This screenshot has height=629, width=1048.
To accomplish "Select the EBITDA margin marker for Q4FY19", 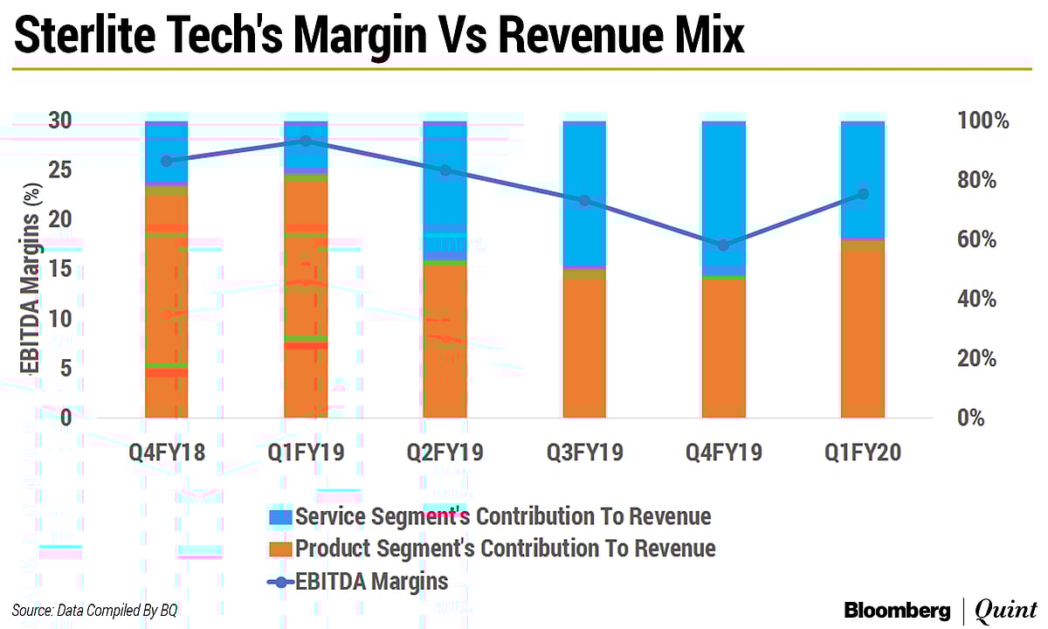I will coord(723,245).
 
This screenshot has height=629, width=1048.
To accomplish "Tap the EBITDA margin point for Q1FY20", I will coord(863,194).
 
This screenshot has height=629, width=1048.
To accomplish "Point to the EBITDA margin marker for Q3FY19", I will coord(584,201).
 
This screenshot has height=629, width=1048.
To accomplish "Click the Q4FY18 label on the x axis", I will coord(166,452).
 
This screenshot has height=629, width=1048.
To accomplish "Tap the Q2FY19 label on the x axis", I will coord(445,452).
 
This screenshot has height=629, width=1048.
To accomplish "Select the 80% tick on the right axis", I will coord(984,181).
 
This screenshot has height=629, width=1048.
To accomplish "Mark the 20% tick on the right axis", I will coord(984,359).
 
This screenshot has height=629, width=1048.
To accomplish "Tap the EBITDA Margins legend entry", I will coord(371,581).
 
